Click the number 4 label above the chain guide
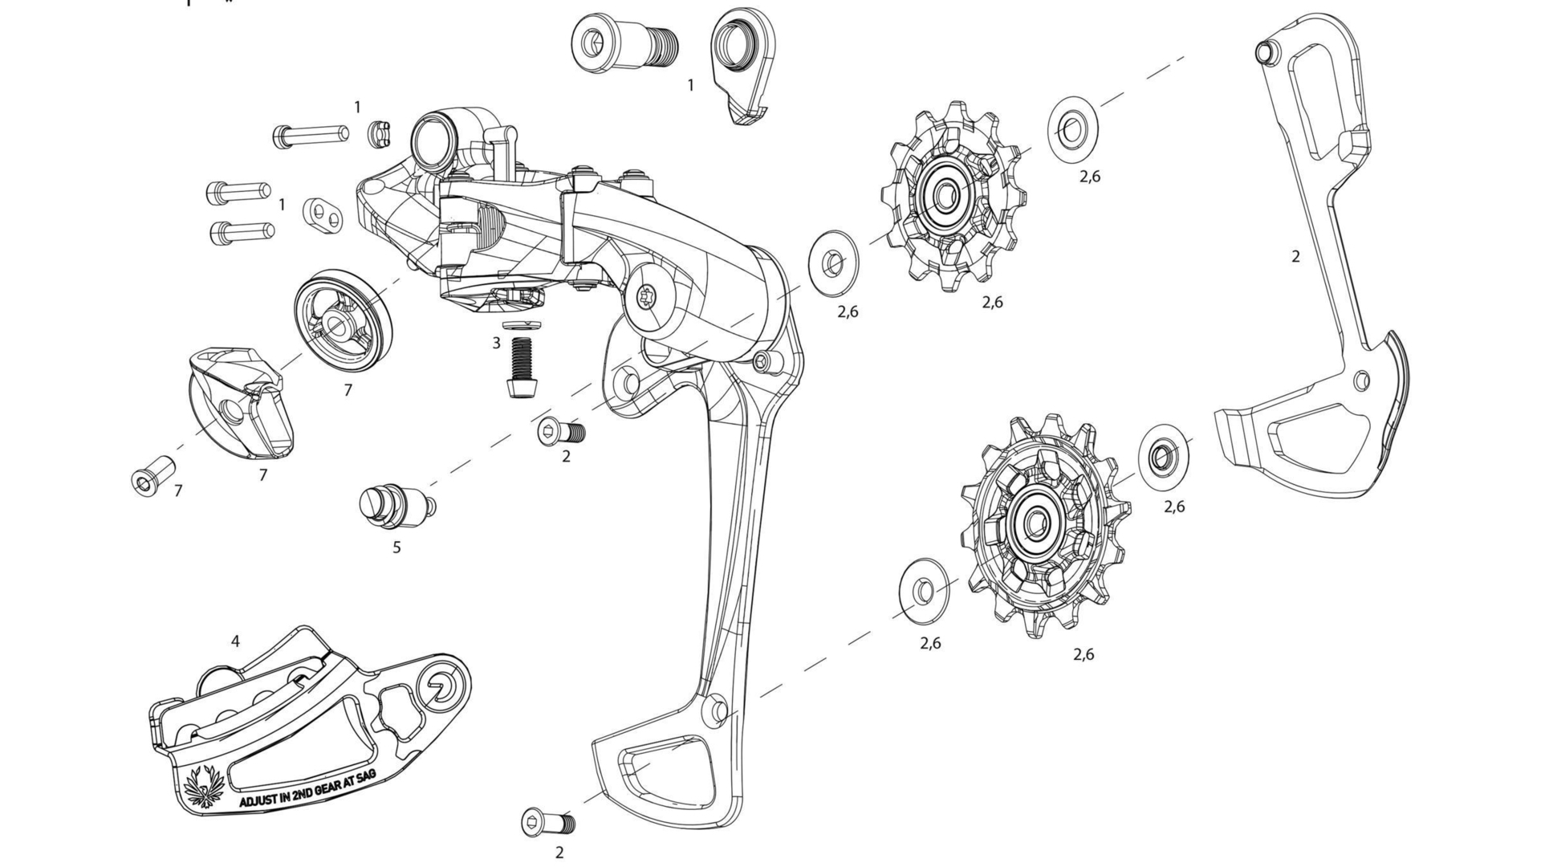point(235,641)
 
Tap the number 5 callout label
point(396,548)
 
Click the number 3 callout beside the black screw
point(497,343)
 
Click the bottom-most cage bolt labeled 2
point(548,823)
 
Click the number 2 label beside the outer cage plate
point(1295,257)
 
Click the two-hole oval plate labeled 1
point(323,214)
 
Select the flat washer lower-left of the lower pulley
point(923,592)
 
